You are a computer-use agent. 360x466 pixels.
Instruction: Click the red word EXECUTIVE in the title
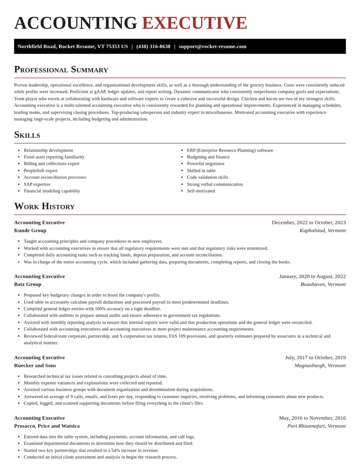click(194, 23)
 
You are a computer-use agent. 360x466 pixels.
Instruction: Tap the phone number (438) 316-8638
click(153, 46)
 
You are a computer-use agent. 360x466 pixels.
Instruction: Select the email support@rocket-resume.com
click(212, 46)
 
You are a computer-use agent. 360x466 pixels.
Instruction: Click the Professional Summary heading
click(61, 69)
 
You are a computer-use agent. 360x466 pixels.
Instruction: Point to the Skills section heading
click(27, 135)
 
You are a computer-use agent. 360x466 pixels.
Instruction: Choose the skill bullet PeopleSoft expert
click(40, 171)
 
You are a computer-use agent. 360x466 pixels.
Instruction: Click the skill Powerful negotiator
click(206, 163)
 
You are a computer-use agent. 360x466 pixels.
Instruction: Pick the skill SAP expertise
click(37, 184)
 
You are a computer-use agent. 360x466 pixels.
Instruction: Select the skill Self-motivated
click(201, 191)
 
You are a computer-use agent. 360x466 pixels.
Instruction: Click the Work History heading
click(44, 206)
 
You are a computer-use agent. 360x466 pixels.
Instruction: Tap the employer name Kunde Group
click(30, 231)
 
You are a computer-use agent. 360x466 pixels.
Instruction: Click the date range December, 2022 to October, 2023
click(309, 222)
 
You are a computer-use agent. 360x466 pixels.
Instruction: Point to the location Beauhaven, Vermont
click(323, 284)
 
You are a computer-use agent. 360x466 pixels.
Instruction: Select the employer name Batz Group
click(27, 284)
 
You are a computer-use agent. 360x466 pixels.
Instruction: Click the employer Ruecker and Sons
click(35, 365)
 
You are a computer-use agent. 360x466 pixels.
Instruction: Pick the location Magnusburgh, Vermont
click(320, 365)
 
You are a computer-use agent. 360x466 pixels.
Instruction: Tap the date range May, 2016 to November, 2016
click(312, 418)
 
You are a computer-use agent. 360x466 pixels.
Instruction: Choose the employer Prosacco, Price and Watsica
click(47, 426)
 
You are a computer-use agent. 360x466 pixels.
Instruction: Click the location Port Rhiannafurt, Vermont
click(316, 426)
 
